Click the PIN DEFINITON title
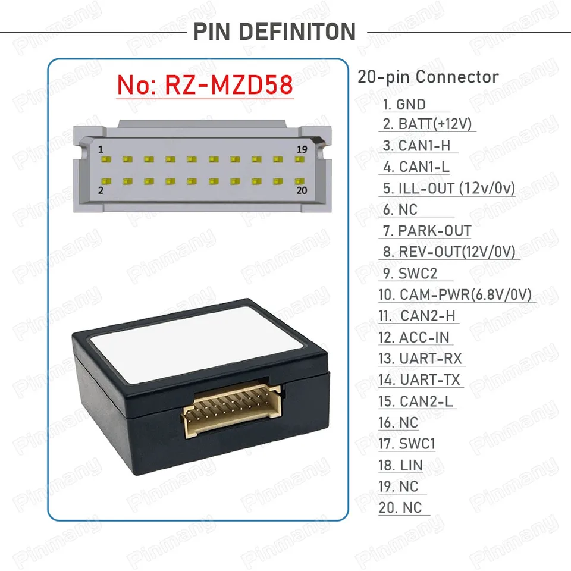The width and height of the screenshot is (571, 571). pos(274,31)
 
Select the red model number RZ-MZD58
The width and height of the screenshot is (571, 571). pos(205,84)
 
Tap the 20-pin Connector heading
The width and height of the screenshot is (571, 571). pos(428,77)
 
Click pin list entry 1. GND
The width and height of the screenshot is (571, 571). pos(404,105)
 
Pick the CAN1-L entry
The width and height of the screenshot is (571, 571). pos(416,167)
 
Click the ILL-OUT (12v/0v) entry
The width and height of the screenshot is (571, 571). pos(448,189)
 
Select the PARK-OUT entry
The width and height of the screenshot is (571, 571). pos(427,230)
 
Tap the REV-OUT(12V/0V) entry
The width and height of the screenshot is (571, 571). pos(449,251)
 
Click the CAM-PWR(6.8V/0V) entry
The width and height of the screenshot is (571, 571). pos(455,294)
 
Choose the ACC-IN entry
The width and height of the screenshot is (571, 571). pos(415,337)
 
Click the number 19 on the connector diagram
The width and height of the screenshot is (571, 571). pos(302,149)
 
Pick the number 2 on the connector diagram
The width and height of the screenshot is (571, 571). pos(101,190)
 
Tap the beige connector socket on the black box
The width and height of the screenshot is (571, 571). pos(232,412)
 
